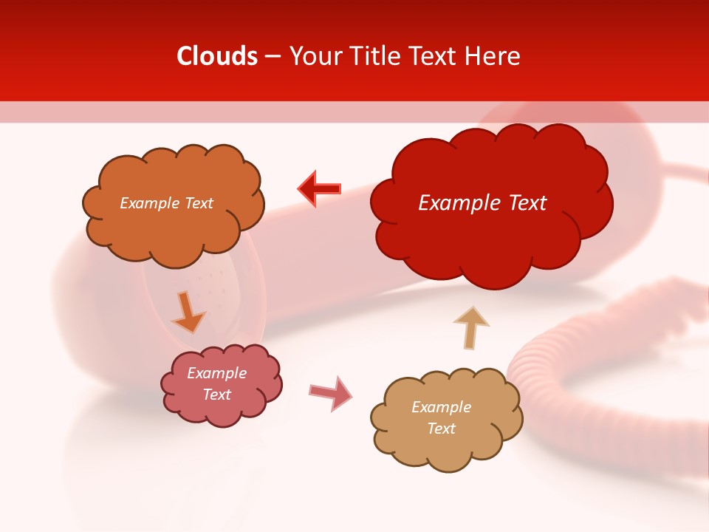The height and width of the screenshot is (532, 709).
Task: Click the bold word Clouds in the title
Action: tap(217, 56)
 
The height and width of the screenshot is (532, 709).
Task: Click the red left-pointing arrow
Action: tap(320, 188)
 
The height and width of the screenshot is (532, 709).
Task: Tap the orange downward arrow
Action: tap(188, 313)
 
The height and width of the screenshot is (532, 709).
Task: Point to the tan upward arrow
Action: tap(470, 327)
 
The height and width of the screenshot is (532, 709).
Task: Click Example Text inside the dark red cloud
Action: tap(482, 203)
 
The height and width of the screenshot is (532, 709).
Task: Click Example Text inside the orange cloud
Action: tap(166, 203)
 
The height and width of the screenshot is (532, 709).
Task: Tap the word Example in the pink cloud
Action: tap(216, 373)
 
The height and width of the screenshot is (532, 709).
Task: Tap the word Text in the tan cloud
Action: tap(441, 429)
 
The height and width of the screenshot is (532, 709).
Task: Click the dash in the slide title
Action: tap(273, 57)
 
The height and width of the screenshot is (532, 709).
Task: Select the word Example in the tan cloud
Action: tap(441, 407)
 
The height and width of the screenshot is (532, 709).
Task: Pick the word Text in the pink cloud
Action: tap(216, 395)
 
